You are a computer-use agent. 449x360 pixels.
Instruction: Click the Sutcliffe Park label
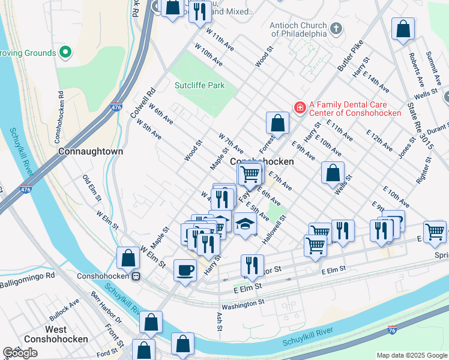click(x=199, y=85)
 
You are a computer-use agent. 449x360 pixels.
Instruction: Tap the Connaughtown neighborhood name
click(x=91, y=152)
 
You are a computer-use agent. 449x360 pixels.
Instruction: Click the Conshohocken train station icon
click(x=137, y=277)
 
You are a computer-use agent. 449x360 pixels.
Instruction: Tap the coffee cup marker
click(x=185, y=269)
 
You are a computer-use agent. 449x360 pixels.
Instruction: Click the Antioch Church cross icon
click(x=336, y=28)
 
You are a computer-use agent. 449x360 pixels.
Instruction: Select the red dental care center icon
click(x=299, y=107)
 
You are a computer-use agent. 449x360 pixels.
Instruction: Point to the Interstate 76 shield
click(x=391, y=330)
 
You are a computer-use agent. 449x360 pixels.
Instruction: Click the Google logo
click(x=20, y=353)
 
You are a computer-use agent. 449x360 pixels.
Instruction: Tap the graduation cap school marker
click(x=244, y=224)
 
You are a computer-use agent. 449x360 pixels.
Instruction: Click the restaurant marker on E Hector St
click(x=252, y=265)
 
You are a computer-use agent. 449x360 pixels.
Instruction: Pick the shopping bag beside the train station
click(x=128, y=258)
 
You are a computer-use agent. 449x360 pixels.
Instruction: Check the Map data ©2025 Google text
click(x=412, y=355)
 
